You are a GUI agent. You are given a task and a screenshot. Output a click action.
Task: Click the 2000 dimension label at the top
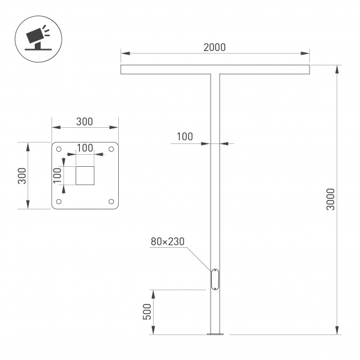(215, 47)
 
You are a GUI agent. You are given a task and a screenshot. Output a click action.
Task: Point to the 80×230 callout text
(167, 242)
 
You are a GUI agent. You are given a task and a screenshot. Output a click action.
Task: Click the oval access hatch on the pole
(215, 280)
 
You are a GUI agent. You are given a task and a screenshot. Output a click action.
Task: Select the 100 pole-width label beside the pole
(184, 137)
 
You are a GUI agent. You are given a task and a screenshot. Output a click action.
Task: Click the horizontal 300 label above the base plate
(85, 121)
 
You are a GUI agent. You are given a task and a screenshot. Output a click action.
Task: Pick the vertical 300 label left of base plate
(22, 176)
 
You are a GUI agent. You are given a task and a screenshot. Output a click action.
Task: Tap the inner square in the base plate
(85, 176)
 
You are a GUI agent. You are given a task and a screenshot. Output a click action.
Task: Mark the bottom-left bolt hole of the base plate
(59, 202)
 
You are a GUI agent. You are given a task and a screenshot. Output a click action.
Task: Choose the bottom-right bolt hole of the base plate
(111, 202)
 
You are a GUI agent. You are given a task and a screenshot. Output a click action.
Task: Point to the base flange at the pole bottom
(215, 334)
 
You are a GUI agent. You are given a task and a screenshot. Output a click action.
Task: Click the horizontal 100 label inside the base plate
(85, 148)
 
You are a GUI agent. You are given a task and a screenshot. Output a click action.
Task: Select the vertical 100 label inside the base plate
(58, 176)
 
